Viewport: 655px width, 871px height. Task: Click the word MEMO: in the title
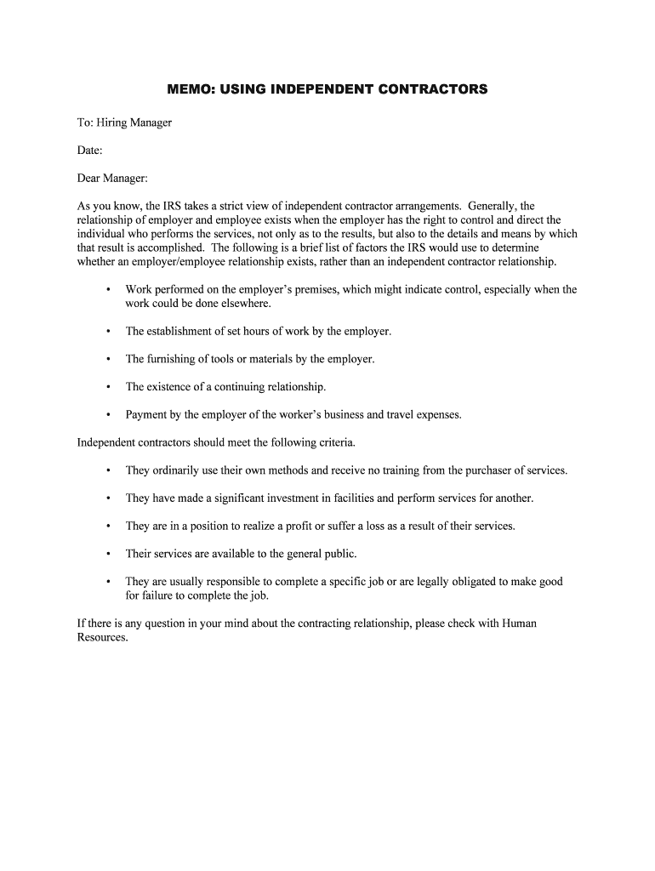(x=191, y=88)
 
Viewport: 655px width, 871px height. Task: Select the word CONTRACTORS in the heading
(x=433, y=88)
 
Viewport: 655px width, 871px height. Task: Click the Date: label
(x=90, y=151)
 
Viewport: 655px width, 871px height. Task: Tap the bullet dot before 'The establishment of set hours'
(x=108, y=331)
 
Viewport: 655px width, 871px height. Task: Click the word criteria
(x=335, y=442)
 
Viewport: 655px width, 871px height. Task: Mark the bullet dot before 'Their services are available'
(x=108, y=554)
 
